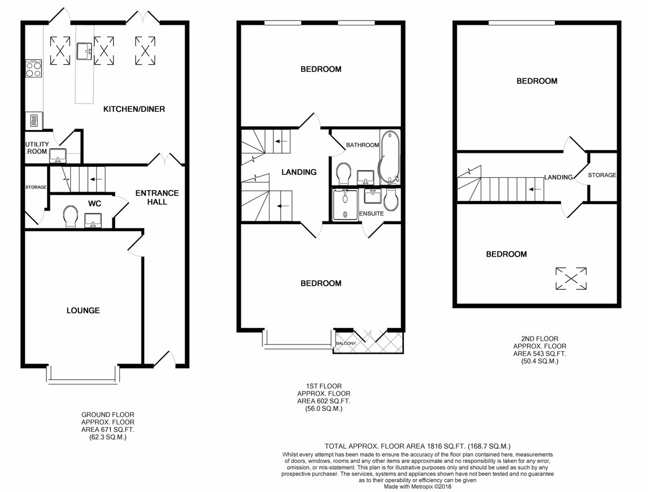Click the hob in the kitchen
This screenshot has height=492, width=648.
(33, 69)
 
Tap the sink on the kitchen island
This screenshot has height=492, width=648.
(85, 51)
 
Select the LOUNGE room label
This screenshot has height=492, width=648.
(83, 311)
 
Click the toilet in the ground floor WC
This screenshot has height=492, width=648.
(71, 217)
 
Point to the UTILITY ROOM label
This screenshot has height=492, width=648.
(37, 147)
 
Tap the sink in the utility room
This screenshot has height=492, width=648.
(58, 156)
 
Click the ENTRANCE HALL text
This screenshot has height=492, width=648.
(157, 198)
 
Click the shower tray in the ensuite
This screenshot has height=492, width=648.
(345, 205)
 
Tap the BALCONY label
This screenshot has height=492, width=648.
(346, 343)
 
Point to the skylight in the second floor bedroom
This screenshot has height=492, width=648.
(571, 279)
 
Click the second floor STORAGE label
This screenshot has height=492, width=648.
(602, 175)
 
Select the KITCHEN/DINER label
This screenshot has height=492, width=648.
(134, 109)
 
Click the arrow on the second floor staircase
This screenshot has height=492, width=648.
(535, 189)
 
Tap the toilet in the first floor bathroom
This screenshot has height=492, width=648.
(343, 174)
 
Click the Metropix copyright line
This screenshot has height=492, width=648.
(417, 487)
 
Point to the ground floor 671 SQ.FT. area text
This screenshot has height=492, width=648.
(108, 430)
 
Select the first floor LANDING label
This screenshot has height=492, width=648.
(299, 172)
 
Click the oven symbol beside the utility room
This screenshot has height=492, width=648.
(34, 120)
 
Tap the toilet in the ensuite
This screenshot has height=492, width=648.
(391, 200)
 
